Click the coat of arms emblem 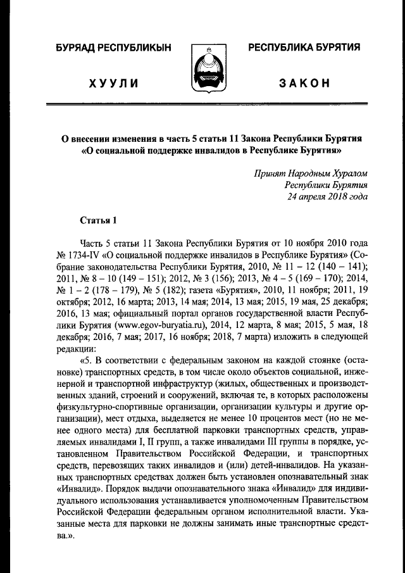(202, 70)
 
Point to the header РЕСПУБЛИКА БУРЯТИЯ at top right (304, 48)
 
